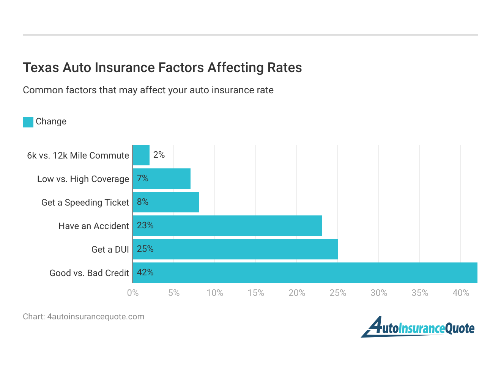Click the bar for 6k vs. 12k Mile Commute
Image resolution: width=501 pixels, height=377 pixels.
click(141, 155)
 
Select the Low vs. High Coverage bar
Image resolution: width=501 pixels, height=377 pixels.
click(162, 179)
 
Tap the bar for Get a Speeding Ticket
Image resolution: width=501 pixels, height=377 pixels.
click(166, 202)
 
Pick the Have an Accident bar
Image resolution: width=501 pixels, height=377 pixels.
click(227, 226)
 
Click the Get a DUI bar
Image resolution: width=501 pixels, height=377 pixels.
click(235, 249)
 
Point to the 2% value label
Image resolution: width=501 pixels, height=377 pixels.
click(159, 155)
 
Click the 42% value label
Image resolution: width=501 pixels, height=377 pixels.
click(145, 272)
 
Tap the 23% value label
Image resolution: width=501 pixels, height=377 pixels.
click(145, 225)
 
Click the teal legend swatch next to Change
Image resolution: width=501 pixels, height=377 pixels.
click(28, 122)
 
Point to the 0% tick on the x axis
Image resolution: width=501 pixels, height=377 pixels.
click(133, 293)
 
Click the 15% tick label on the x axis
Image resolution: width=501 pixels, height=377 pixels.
click(256, 293)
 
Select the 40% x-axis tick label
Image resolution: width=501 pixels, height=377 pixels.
click(461, 293)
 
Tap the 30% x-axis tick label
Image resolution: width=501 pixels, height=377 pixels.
click(379, 293)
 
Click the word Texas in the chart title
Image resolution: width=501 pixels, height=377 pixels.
click(41, 68)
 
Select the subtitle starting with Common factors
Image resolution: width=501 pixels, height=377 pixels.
click(148, 90)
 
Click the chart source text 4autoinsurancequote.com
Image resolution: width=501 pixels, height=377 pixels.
click(96, 317)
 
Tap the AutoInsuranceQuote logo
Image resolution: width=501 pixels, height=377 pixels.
click(418, 327)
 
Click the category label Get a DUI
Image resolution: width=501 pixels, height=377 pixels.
click(110, 250)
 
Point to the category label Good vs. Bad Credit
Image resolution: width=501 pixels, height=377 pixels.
click(89, 273)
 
